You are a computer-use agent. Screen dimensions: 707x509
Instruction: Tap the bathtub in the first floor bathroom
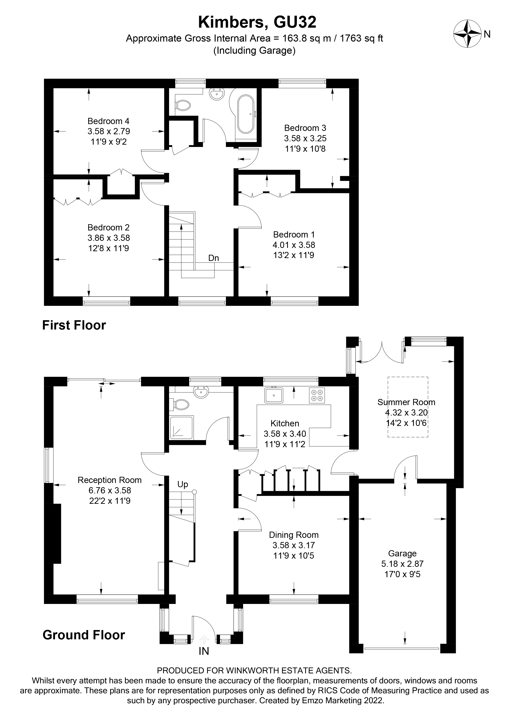pos(246,114)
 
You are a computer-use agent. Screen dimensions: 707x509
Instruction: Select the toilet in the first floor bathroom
pos(183,105)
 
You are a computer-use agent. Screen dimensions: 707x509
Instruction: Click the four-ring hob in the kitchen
pos(317,395)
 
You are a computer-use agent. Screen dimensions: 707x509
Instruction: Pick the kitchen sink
pos(273,395)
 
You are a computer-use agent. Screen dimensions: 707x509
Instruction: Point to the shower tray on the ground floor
pos(181,427)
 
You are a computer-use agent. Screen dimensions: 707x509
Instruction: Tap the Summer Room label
pos(406,402)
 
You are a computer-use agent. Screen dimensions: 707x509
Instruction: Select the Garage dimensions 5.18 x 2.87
pos(402,564)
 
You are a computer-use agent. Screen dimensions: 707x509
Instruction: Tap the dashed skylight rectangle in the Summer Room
pos(408,407)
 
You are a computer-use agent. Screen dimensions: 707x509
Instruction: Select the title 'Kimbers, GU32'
pos(257,22)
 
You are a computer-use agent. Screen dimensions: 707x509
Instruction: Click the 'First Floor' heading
pos(74,325)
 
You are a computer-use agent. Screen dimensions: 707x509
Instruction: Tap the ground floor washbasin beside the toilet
pos(201,392)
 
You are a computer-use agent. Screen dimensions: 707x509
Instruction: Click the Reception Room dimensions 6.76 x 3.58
pos(110,490)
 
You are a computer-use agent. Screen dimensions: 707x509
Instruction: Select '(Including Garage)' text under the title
pos(254,50)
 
